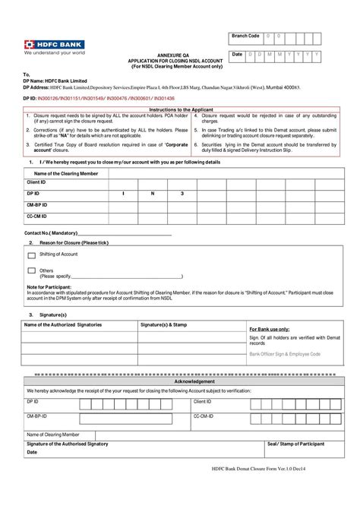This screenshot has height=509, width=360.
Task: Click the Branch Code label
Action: tap(245, 36)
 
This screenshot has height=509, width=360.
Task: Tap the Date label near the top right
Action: tap(237, 55)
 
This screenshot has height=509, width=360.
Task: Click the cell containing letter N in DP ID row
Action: tap(152, 194)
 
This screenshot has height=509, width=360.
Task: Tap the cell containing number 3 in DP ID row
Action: tap(182, 194)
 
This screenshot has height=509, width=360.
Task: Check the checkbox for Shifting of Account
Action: tap(31, 254)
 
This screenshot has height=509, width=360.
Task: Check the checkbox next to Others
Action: tap(31, 270)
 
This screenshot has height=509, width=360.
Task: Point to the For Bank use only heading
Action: tap(270, 329)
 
